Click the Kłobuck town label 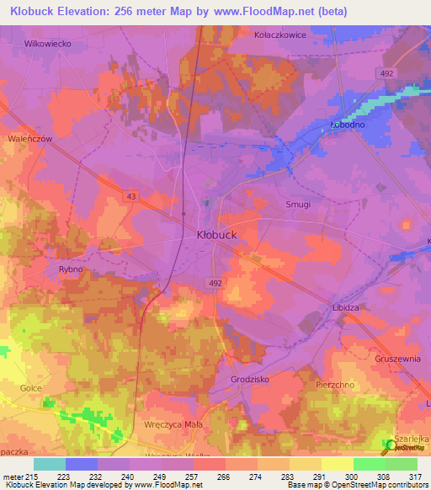(x=222, y=235)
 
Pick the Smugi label (x=298, y=205)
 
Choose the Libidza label (x=345, y=308)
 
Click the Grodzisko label (x=249, y=380)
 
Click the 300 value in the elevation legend (x=338, y=477)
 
